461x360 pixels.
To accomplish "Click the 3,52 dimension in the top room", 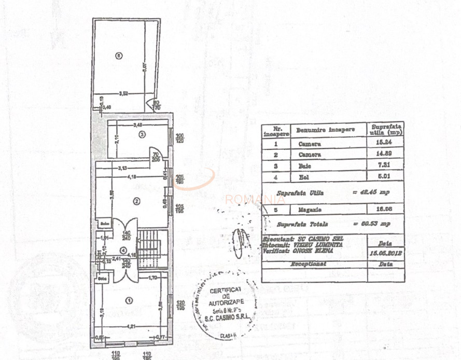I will coord(123,93).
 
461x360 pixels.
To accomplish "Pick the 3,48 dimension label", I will coord(137,125).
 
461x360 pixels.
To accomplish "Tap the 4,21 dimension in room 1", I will coord(133,326).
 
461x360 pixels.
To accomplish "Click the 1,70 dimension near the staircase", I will coord(152,278).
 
